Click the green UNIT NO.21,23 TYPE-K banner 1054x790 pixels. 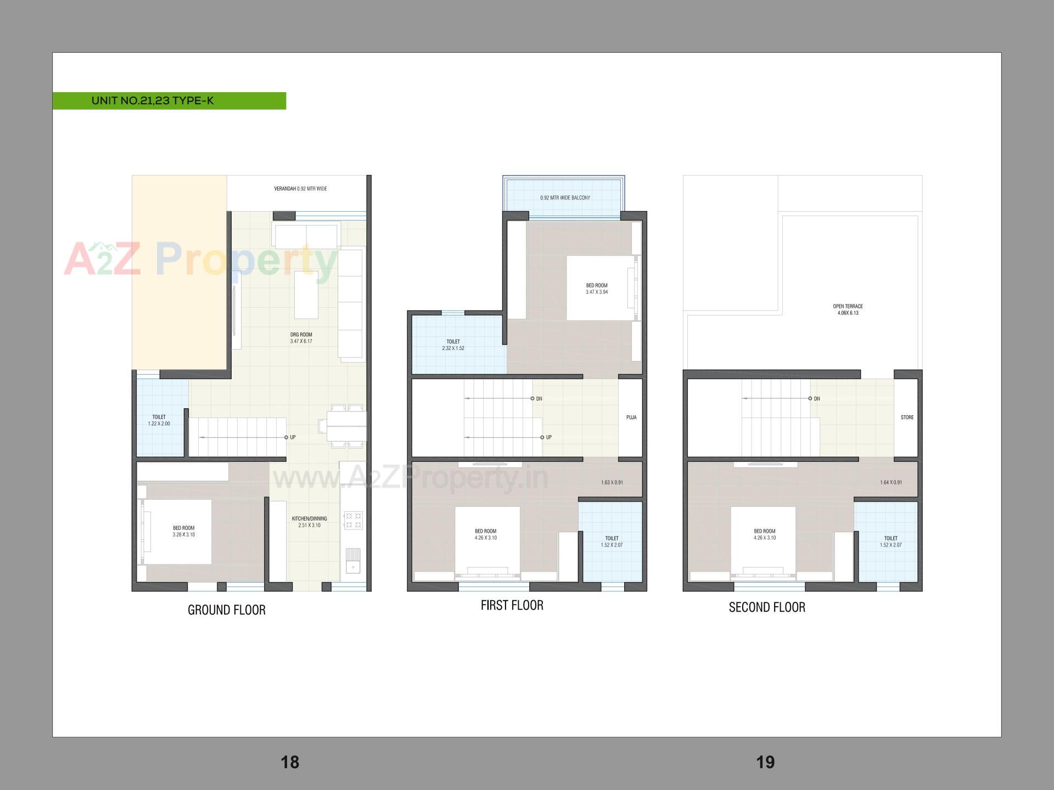(x=169, y=101)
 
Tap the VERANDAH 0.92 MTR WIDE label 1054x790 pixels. (x=300, y=189)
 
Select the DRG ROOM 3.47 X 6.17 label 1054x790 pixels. (x=301, y=338)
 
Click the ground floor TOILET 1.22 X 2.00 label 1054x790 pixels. (x=159, y=420)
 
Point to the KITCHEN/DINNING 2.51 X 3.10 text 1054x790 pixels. (x=309, y=522)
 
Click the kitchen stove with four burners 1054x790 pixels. (x=353, y=520)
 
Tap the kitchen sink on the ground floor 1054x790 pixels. (x=353, y=560)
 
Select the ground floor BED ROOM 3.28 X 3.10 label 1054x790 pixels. (x=183, y=531)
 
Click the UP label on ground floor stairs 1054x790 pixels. (x=293, y=437)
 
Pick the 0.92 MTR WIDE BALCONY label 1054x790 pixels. (x=565, y=198)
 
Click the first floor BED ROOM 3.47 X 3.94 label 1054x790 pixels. (x=597, y=289)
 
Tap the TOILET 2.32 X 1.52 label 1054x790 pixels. (x=453, y=345)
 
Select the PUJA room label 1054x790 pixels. (x=631, y=417)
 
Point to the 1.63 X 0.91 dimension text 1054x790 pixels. (x=612, y=482)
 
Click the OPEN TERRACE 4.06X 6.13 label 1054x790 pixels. (x=848, y=309)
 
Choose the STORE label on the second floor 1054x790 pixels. (x=907, y=417)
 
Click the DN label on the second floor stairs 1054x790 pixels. (x=817, y=399)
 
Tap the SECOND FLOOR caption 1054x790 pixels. (x=767, y=607)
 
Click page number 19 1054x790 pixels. (x=765, y=762)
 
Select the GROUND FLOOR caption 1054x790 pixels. (x=226, y=610)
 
